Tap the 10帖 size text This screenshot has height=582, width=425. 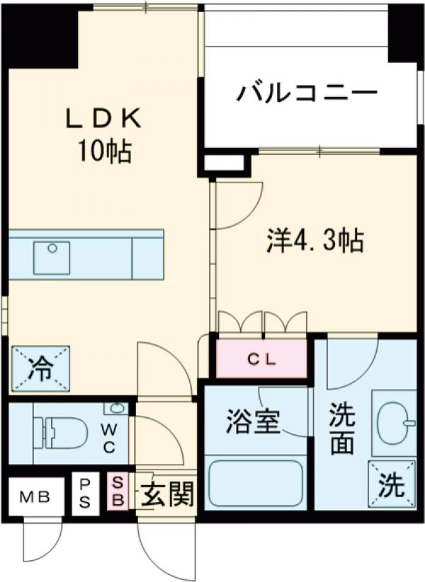pos(104,149)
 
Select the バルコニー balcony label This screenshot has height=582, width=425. pos(306,92)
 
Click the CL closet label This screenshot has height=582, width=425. pos(262,358)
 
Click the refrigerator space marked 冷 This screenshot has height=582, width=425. pos(40,368)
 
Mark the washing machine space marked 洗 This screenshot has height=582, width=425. pos(392,484)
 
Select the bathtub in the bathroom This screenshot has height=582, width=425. pos(254,482)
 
